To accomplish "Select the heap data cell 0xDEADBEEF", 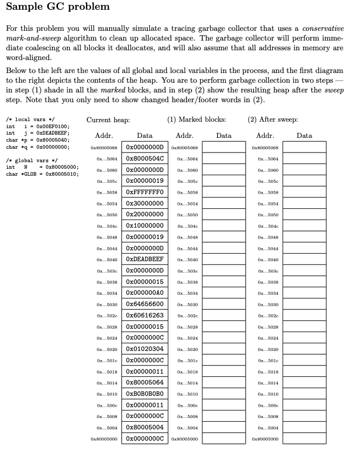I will click(x=145, y=259).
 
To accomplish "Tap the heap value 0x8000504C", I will click(x=145, y=158).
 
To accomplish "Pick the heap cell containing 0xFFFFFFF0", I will click(x=145, y=192).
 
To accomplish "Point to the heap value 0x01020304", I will click(x=145, y=349).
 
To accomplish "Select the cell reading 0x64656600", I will click(x=145, y=304).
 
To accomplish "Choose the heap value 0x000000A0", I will click(x=145, y=293).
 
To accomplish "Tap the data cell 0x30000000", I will click(x=145, y=203).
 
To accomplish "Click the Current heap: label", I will click(x=108, y=120).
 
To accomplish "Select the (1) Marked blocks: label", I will click(x=197, y=120).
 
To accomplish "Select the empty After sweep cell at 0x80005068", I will click(x=305, y=147).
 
